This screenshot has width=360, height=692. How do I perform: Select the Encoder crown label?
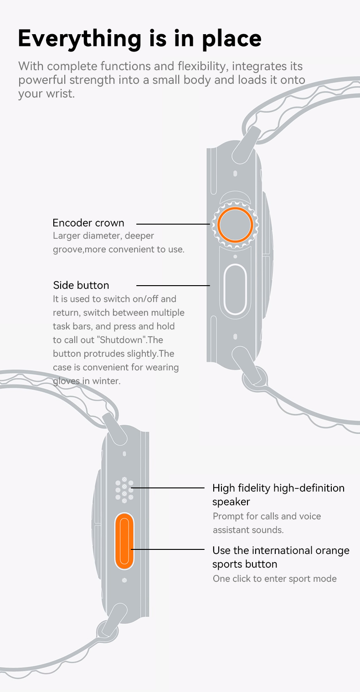(88, 223)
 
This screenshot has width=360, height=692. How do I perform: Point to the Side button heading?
(81, 285)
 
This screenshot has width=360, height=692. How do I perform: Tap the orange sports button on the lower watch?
(124, 541)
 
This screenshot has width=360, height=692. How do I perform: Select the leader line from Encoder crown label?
(173, 224)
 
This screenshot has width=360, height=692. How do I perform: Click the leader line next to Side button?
(173, 286)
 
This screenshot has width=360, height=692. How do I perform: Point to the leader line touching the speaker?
(168, 488)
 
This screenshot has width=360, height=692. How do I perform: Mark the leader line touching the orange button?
(168, 549)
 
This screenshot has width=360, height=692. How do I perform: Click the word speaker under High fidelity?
(231, 502)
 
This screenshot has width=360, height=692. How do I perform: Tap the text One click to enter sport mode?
(275, 579)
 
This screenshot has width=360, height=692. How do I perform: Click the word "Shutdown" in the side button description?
(121, 340)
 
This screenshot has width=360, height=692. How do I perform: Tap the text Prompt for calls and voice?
(267, 516)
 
